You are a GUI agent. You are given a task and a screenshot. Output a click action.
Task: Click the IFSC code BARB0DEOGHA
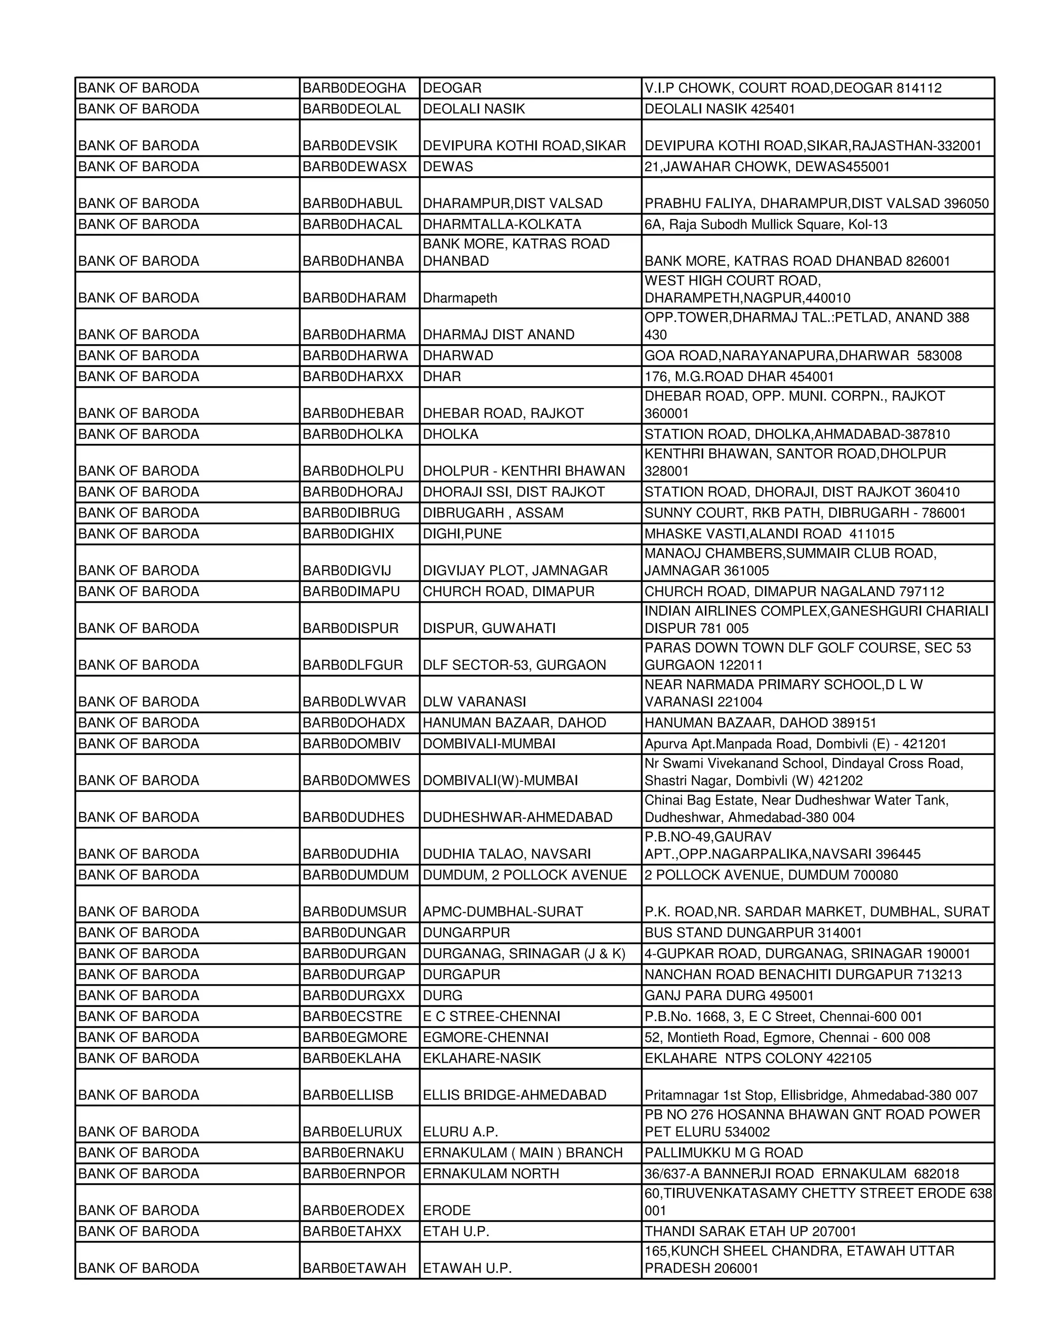coord(354,89)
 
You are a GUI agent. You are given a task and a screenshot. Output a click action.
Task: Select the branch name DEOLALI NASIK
coord(473,109)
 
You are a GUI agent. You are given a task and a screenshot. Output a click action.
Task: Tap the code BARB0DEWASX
coord(354,167)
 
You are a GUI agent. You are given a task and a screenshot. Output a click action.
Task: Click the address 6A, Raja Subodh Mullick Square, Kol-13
coord(766,225)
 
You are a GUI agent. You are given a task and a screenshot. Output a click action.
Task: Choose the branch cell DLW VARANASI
coord(474,702)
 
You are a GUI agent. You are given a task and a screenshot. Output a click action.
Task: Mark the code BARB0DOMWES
coord(356,781)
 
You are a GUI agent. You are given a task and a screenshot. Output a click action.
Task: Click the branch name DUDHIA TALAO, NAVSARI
coord(507,855)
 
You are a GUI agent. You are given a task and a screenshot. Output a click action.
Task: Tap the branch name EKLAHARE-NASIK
coord(482,1059)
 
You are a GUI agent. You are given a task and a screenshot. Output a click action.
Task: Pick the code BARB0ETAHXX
coord(351,1232)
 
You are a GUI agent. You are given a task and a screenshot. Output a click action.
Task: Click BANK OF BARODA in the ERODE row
coord(139,1211)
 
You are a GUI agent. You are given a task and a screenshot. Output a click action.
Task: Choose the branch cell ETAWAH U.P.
coord(467,1269)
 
